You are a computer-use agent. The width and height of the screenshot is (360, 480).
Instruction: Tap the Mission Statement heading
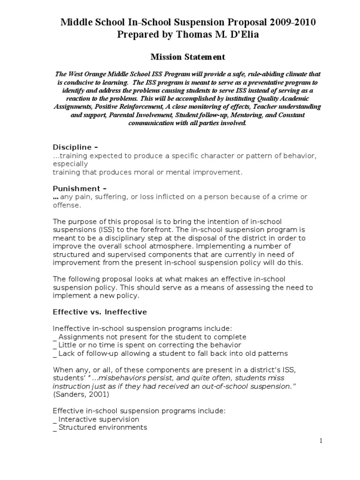[x=181, y=57]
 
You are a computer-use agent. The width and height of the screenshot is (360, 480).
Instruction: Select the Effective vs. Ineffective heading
[x=100, y=312]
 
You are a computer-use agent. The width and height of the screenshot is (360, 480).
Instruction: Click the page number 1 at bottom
[x=321, y=440]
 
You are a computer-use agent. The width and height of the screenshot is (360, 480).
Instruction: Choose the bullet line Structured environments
[x=102, y=427]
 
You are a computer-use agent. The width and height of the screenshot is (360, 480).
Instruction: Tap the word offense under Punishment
[x=67, y=205]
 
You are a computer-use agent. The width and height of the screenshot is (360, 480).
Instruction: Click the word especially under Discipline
[x=70, y=164]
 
